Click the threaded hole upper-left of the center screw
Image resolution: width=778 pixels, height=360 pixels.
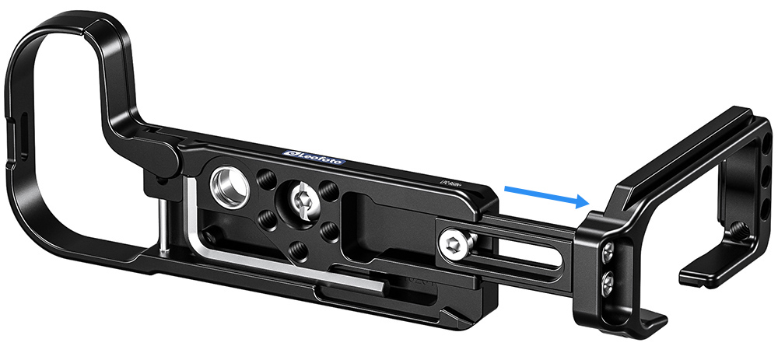tap(265, 176)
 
